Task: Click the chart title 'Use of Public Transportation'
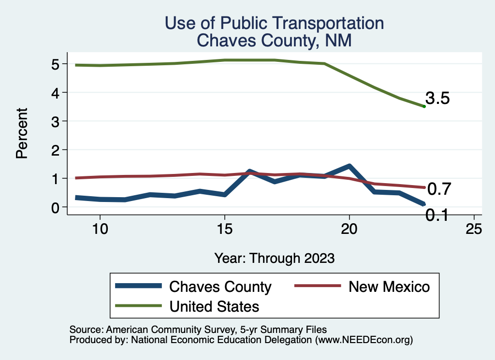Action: [x=274, y=23]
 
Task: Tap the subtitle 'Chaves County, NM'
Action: [x=274, y=41]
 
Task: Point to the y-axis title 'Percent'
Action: [x=21, y=133]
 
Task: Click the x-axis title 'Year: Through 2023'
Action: [x=274, y=258]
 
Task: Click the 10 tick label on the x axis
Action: [x=100, y=229]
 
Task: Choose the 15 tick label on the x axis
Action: [x=224, y=229]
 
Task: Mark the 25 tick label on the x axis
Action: [x=474, y=229]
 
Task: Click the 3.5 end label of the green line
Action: [x=438, y=99]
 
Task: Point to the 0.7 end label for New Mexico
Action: [x=439, y=189]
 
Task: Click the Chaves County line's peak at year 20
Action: [x=349, y=167]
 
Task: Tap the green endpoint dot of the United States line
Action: [x=424, y=106]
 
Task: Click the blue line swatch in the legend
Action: [x=138, y=287]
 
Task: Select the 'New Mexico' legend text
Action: [x=389, y=287]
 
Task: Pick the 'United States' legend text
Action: [x=214, y=306]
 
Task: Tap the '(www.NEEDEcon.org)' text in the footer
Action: [x=364, y=340]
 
